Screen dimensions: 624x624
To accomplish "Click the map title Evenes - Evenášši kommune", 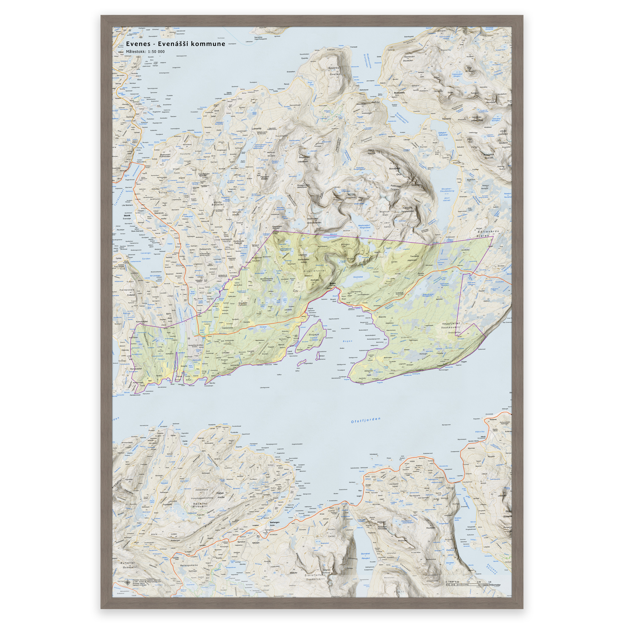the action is [x=175, y=44].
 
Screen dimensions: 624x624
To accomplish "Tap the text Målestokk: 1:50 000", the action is [x=145, y=52].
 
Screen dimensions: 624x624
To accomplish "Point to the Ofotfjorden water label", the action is [x=366, y=420].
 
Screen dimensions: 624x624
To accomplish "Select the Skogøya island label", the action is [x=314, y=335].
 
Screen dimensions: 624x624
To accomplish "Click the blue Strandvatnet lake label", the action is [x=358, y=277].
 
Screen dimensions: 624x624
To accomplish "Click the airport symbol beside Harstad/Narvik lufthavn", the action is [x=189, y=338].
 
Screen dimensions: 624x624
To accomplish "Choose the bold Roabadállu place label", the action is [x=397, y=92].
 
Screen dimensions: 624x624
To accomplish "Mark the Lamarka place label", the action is [x=257, y=129].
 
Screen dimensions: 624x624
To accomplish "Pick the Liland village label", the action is [x=289, y=351].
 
